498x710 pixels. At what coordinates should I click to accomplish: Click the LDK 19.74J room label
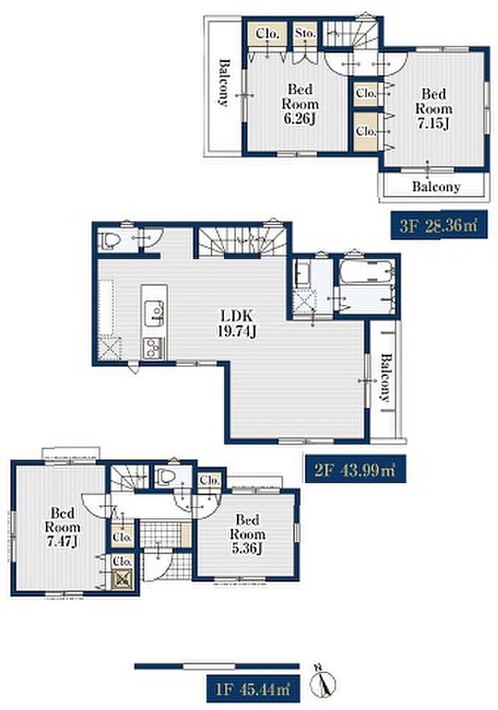coord(237,324)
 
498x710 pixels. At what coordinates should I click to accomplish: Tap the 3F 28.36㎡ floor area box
coord(439,225)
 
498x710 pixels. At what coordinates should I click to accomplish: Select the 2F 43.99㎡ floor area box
coord(354,470)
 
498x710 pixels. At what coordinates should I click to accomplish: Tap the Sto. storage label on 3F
coord(304,34)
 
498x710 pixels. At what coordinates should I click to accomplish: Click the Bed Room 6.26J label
coord(300,104)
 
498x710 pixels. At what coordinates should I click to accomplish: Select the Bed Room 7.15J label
coord(434,108)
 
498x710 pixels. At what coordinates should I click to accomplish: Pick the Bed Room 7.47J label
coord(63,527)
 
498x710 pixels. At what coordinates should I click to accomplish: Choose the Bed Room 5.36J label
coord(247,534)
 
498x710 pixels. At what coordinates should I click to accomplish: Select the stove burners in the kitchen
coord(154,349)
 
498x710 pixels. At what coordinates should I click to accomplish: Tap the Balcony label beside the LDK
coord(385,377)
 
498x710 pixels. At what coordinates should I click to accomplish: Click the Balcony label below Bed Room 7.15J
coord(436,186)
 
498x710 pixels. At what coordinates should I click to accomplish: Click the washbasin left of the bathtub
coord(302,274)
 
